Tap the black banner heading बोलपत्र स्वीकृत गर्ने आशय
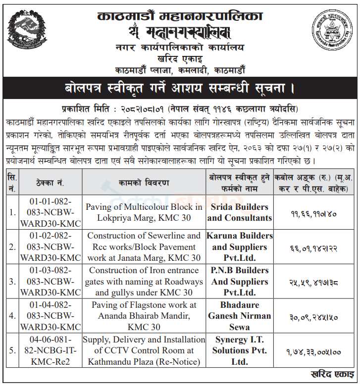180,89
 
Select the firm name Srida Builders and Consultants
240,212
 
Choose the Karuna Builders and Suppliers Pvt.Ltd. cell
240,246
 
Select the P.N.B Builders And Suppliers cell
240,282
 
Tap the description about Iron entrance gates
144,282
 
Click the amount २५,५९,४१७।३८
315,283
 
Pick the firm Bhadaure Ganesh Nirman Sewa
240,316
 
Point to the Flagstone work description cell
144,316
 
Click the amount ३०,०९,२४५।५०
315,317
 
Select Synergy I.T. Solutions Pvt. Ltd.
240,350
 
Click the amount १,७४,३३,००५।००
315,352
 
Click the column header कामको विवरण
144,183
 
